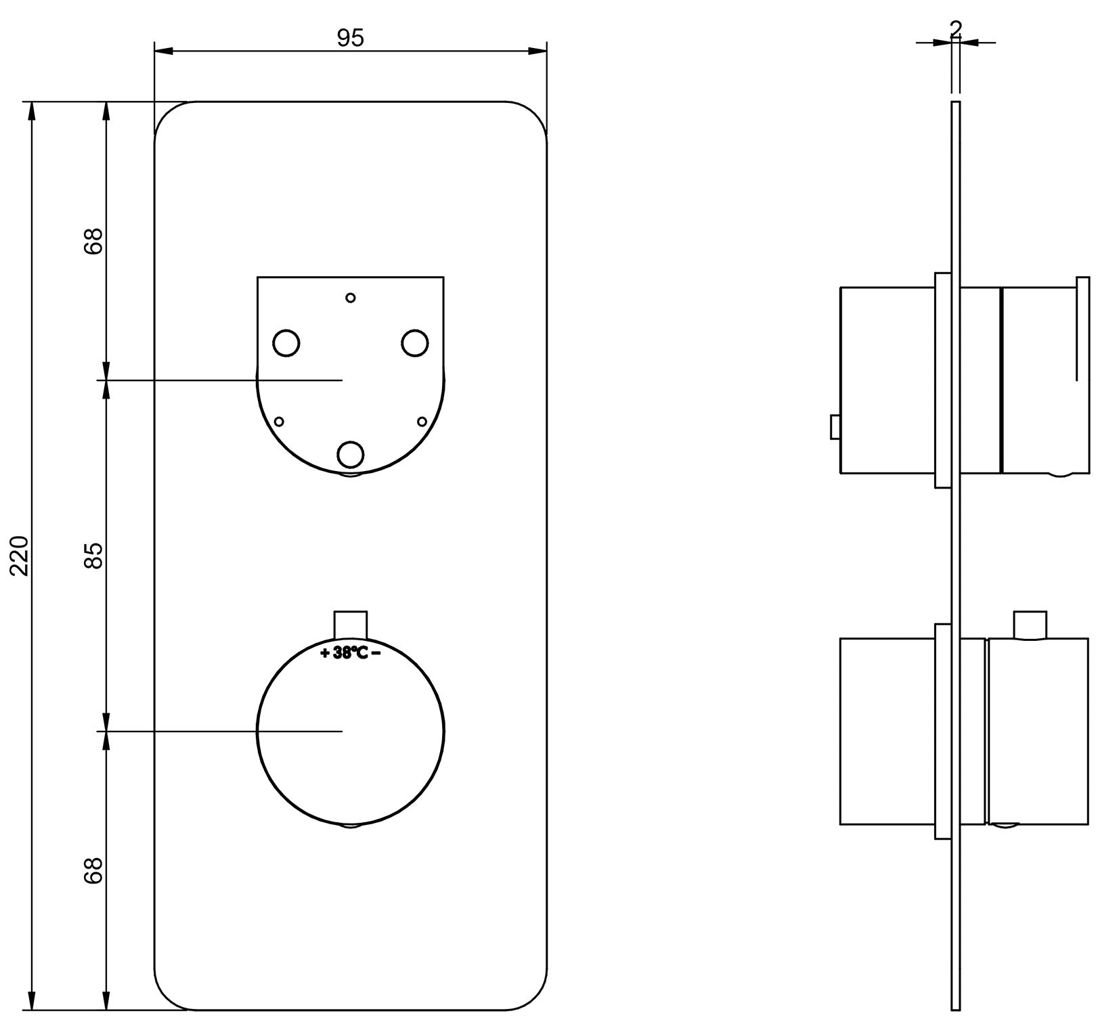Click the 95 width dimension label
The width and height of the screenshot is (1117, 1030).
pyautogui.click(x=351, y=39)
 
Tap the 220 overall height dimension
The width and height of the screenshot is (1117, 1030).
pyautogui.click(x=20, y=556)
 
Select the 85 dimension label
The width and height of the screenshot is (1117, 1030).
pyautogui.click(x=94, y=555)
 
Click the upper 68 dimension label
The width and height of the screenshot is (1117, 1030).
pyautogui.click(x=94, y=240)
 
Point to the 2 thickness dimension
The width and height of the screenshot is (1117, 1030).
pyautogui.click(x=956, y=28)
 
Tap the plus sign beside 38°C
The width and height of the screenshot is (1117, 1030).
pyautogui.click(x=325, y=653)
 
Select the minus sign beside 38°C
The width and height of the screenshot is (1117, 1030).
pyautogui.click(x=376, y=653)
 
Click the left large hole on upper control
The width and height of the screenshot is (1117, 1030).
pyautogui.click(x=286, y=343)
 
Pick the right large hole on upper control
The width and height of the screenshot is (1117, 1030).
pyautogui.click(x=414, y=342)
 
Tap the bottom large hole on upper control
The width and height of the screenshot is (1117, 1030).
pyautogui.click(x=350, y=455)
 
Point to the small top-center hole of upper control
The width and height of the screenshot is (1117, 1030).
pyautogui.click(x=350, y=297)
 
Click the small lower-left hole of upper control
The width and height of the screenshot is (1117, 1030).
pyautogui.click(x=278, y=422)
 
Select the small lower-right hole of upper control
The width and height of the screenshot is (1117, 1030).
pyautogui.click(x=422, y=422)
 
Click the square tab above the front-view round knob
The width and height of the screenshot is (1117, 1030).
pyautogui.click(x=351, y=625)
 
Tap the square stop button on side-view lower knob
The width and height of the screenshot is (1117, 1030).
pyautogui.click(x=1030, y=625)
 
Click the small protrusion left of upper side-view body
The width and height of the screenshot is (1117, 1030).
pyautogui.click(x=835, y=427)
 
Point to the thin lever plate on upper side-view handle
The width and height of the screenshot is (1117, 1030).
pyautogui.click(x=1082, y=375)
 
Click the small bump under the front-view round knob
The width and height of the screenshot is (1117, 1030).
pyautogui.click(x=351, y=827)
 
